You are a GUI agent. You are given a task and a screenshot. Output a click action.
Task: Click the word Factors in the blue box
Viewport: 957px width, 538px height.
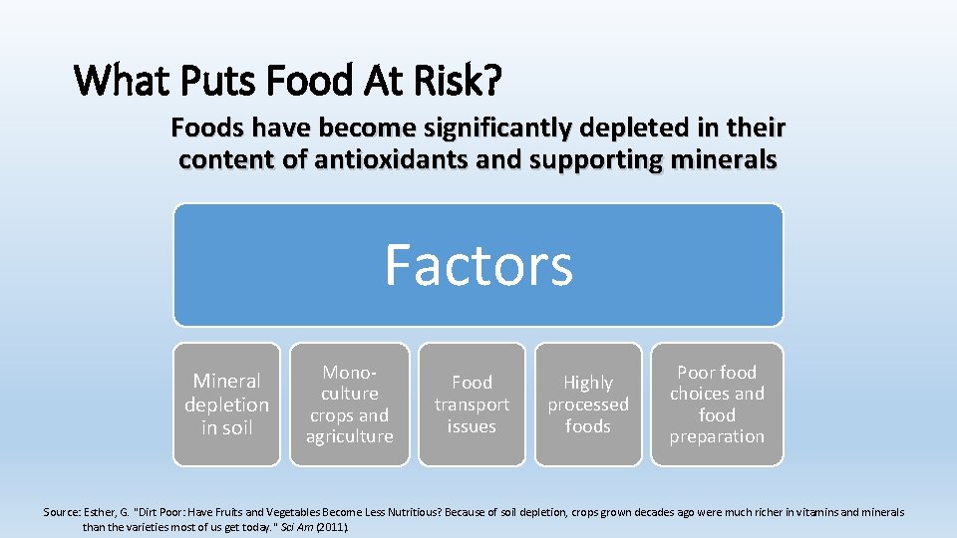[478, 265]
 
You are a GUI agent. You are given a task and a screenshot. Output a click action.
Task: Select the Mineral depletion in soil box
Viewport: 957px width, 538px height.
[226, 404]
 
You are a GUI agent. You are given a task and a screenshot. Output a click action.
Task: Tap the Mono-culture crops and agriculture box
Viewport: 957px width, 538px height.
[349, 404]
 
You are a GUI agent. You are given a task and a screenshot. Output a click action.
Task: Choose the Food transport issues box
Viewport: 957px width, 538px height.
[472, 404]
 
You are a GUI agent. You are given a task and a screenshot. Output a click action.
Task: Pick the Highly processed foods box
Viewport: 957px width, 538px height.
[588, 404]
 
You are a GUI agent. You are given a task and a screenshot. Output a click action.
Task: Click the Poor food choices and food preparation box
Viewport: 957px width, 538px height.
[717, 404]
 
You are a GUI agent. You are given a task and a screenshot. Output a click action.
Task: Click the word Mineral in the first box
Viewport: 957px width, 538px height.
[226, 381]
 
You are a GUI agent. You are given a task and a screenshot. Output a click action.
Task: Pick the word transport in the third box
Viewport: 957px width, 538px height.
[472, 404]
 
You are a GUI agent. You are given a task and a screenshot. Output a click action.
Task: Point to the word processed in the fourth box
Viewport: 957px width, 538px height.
[588, 404]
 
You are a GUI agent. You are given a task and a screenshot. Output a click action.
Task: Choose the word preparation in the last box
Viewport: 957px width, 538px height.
[717, 436]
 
